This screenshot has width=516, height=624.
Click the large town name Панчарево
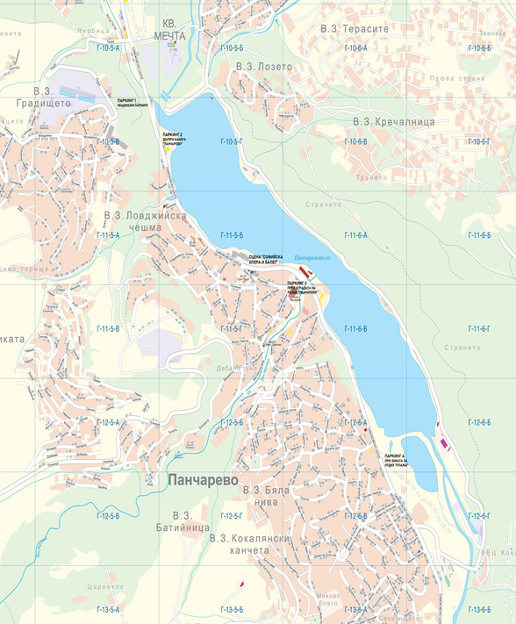click(201, 480)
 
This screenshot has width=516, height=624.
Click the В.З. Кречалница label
click(394, 121)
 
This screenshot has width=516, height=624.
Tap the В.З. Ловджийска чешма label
click(133, 221)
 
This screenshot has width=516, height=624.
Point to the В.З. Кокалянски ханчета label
click(246, 543)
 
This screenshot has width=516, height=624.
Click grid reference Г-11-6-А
click(355, 235)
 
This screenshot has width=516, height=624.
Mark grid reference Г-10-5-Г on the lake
click(231, 141)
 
